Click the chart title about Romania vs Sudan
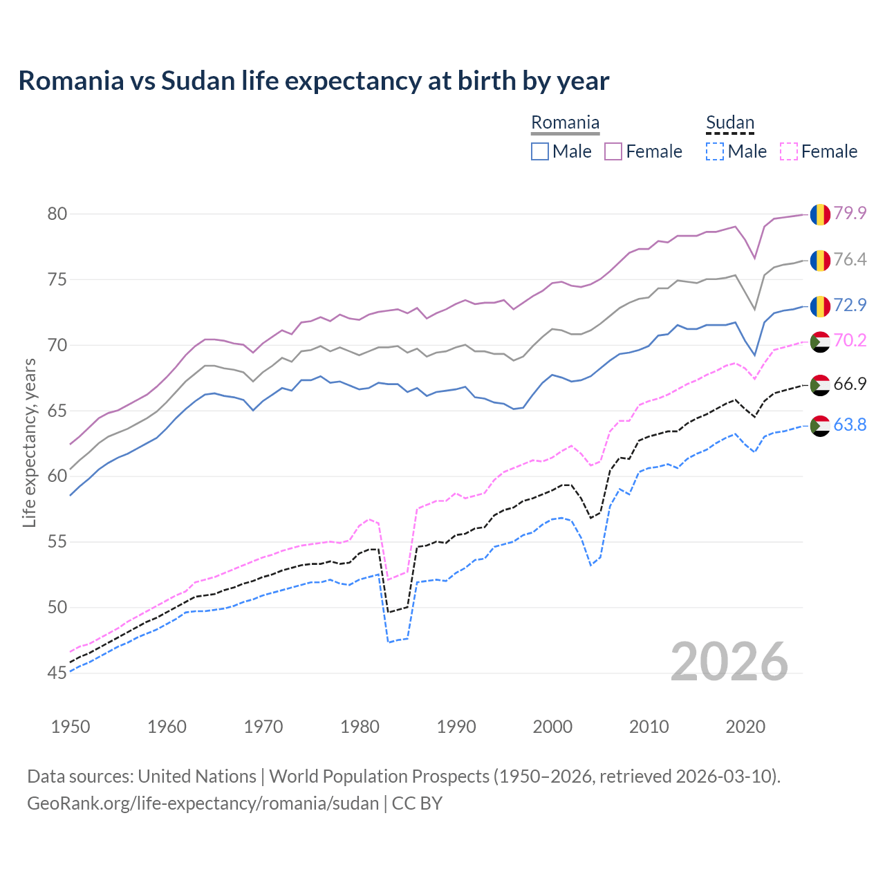click(313, 81)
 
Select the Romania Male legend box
click(540, 151)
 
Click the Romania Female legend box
click(613, 151)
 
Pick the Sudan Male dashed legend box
click(715, 151)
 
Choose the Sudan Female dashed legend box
click(789, 151)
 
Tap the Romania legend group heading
click(565, 123)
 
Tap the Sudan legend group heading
click(729, 123)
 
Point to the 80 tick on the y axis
click(57, 214)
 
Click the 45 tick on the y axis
click(57, 673)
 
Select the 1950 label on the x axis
click(71, 727)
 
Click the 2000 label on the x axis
click(552, 727)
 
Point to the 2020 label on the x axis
click(745, 727)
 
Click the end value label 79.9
click(850, 214)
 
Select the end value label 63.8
click(850, 425)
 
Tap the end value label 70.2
click(850, 340)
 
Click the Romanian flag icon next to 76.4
click(820, 260)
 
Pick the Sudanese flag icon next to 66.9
click(820, 384)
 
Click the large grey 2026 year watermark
click(729, 662)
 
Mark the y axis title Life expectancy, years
click(29, 442)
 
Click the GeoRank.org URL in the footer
click(203, 803)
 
